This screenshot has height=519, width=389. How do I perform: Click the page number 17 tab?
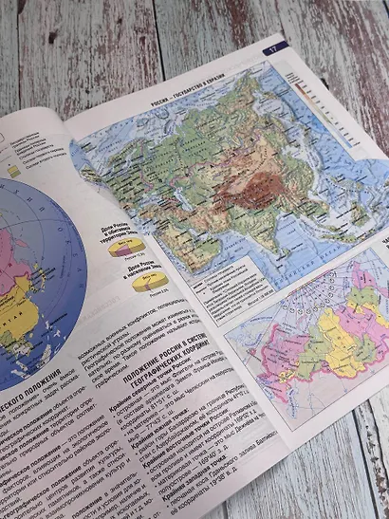click(273, 47)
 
